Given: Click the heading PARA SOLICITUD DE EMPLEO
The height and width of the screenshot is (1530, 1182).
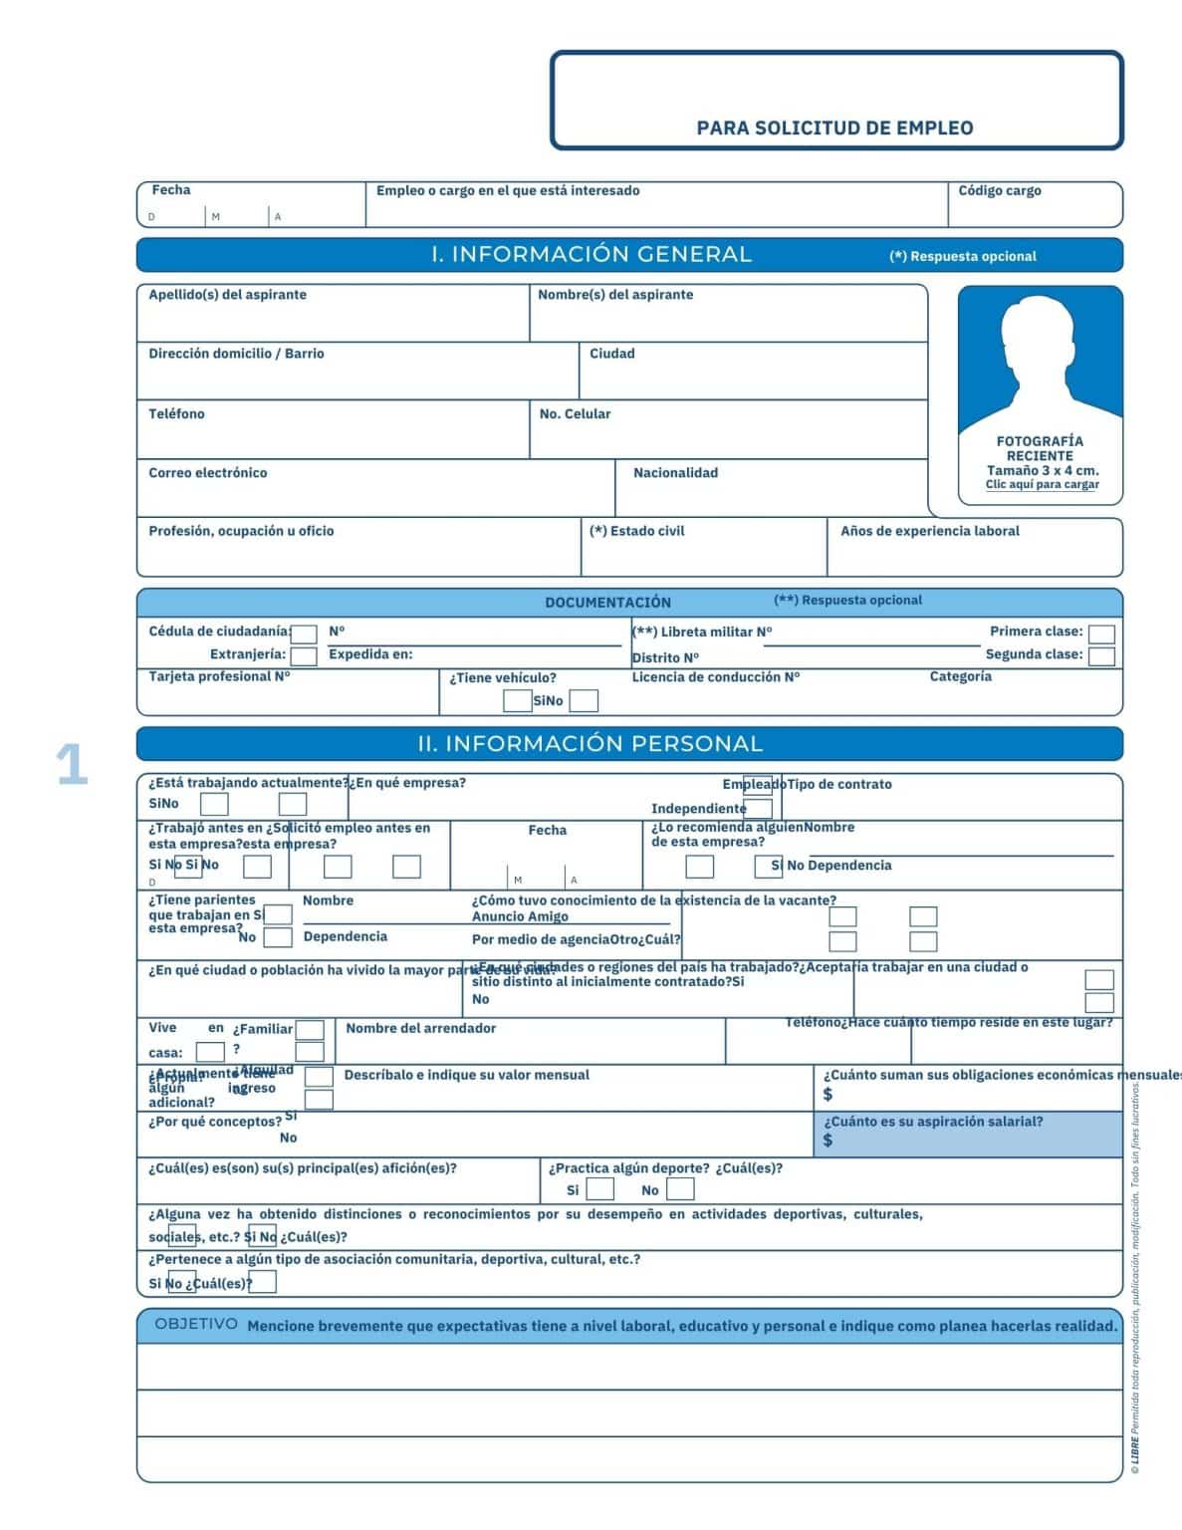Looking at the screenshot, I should point(834,127).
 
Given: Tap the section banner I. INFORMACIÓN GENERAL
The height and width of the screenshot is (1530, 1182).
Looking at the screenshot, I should point(591,255).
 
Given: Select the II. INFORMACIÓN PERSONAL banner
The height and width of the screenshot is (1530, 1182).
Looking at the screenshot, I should point(590,744).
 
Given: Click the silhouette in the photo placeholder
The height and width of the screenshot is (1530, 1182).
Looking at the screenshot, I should point(1040,364).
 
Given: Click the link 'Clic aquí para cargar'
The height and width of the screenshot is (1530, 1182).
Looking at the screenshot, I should point(1042,485).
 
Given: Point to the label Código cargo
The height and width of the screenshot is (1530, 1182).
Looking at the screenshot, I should point(999,190).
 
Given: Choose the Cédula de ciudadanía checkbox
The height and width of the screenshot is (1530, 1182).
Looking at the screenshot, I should point(305,634).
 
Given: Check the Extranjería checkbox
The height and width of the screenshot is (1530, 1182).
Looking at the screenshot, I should point(304,655).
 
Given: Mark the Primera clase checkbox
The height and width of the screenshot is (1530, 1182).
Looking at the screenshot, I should point(1100,634).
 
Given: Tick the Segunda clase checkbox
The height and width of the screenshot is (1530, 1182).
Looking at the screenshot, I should point(1100,655).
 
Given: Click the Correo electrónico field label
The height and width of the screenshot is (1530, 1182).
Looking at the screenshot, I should point(208,473).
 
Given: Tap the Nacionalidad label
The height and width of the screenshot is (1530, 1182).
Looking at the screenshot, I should point(675,473).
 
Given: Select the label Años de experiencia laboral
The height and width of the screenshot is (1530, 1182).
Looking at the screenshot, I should point(929,531).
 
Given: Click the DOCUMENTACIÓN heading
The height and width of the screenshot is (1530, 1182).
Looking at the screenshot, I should point(607,603).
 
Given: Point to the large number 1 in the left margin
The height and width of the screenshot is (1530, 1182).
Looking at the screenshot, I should point(72,766).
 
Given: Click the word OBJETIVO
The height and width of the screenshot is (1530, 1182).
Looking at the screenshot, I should point(196,1324).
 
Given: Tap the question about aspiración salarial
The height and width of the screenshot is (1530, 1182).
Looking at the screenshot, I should point(933,1122).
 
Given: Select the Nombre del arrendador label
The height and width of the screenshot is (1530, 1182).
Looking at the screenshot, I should point(420,1028).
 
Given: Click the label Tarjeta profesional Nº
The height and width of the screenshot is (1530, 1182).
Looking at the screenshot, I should point(219,676).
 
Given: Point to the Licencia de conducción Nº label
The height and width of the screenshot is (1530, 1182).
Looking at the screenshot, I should point(715,677).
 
